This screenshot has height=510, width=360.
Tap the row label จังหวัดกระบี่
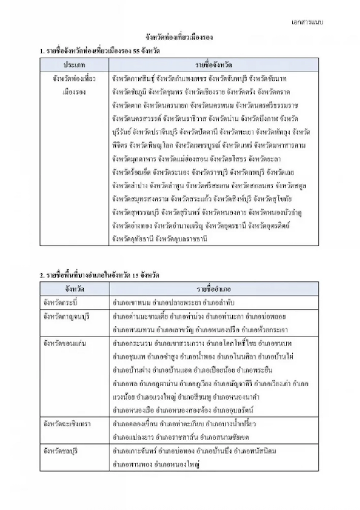tap(59, 301)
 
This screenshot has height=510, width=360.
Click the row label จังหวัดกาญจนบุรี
tap(64, 316)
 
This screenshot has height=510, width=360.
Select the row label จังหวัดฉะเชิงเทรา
tap(66, 424)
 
